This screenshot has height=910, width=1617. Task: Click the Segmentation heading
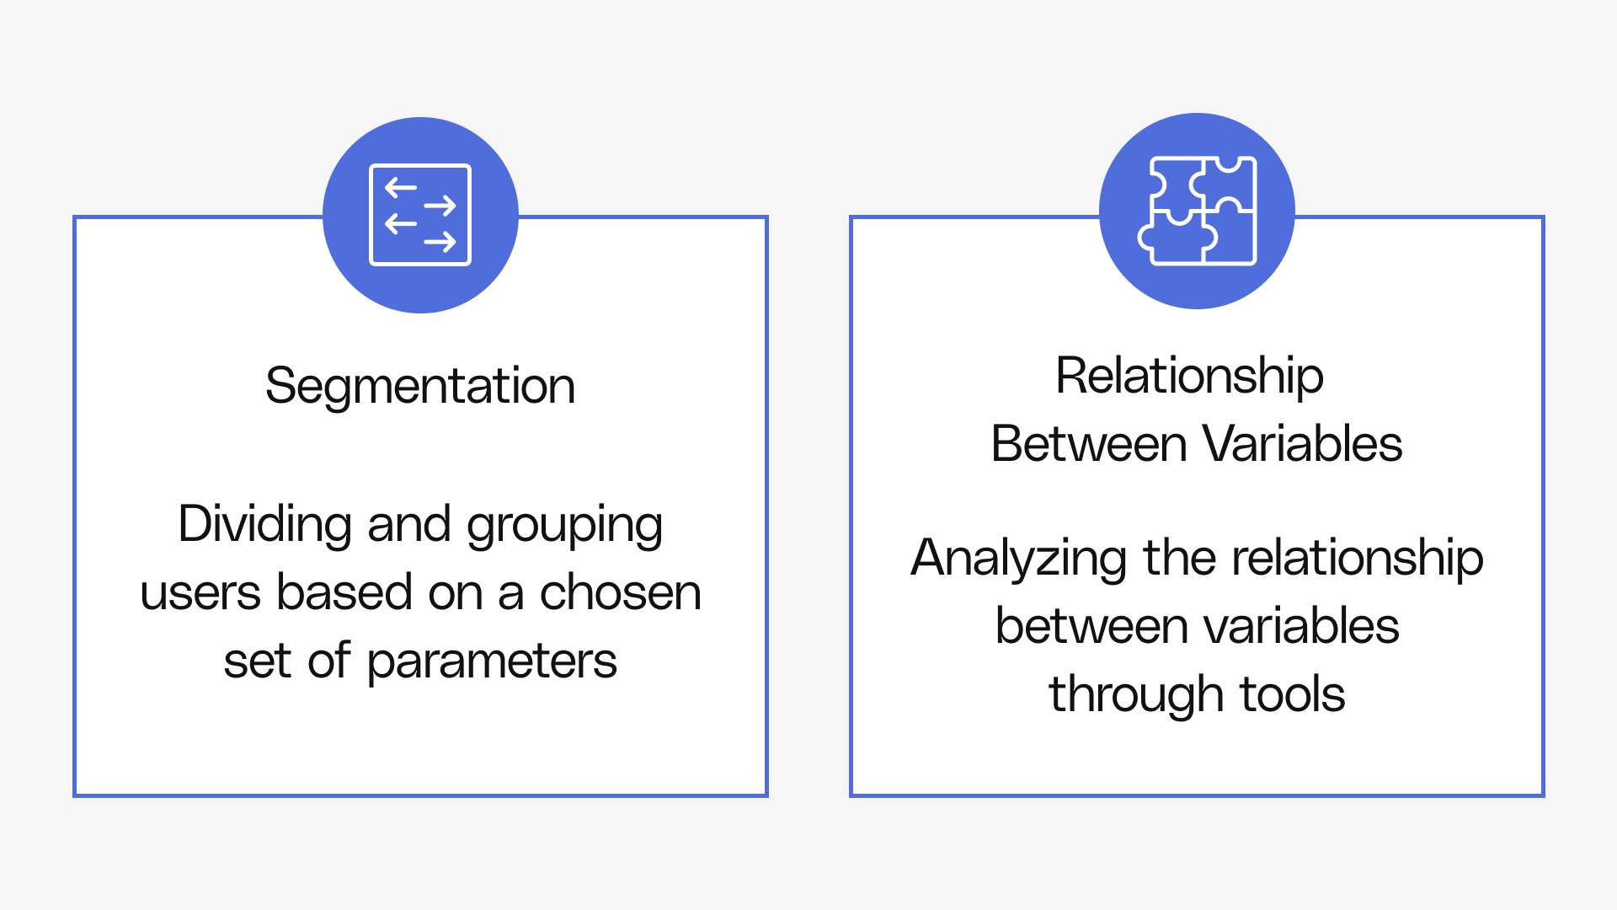(x=420, y=387)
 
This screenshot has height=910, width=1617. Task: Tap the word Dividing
(x=264, y=524)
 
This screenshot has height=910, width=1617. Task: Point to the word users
(x=200, y=593)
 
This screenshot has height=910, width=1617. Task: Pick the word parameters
(x=492, y=662)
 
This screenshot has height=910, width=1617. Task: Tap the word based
(x=344, y=593)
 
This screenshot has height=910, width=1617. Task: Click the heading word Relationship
(x=1189, y=377)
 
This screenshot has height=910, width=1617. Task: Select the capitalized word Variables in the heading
(x=1302, y=444)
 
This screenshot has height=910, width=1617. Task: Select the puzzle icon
(x=1197, y=211)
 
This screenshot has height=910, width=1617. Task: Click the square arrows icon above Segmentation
(x=420, y=215)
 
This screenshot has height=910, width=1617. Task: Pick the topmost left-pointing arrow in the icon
(x=401, y=188)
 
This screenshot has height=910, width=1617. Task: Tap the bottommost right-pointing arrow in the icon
(x=440, y=243)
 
